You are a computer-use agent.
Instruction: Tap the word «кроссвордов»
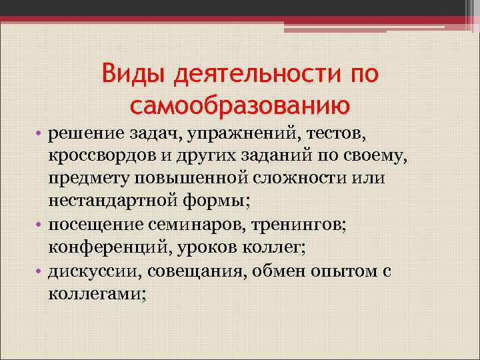click(100, 158)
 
